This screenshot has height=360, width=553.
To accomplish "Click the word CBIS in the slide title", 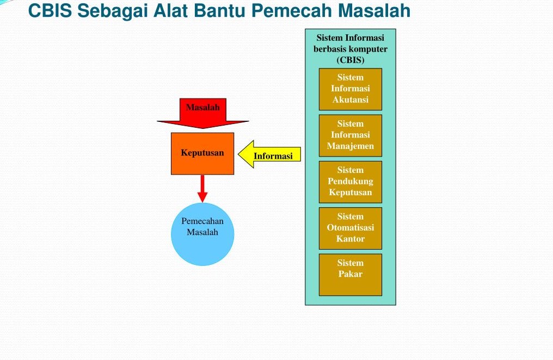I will click(50, 10).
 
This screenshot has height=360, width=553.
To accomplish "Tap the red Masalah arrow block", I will click(202, 111).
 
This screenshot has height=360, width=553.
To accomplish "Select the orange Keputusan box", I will click(202, 153).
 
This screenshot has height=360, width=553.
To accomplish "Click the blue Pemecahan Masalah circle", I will click(202, 234).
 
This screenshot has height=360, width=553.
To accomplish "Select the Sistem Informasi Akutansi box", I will click(350, 89).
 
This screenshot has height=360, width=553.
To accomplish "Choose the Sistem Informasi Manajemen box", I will click(350, 135).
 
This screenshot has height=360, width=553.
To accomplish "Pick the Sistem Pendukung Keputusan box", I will click(350, 181).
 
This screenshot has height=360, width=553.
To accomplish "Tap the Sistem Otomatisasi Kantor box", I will click(350, 227).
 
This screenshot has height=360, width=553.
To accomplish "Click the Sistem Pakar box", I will click(350, 274).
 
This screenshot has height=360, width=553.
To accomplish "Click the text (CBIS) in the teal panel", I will click(350, 60).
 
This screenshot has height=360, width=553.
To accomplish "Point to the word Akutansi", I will click(350, 100).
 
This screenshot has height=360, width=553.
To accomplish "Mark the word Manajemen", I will click(350, 146).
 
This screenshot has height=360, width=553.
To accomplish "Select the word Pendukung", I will click(350, 181).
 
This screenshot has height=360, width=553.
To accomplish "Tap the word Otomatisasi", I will click(350, 227).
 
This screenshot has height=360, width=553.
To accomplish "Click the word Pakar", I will click(350, 274).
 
